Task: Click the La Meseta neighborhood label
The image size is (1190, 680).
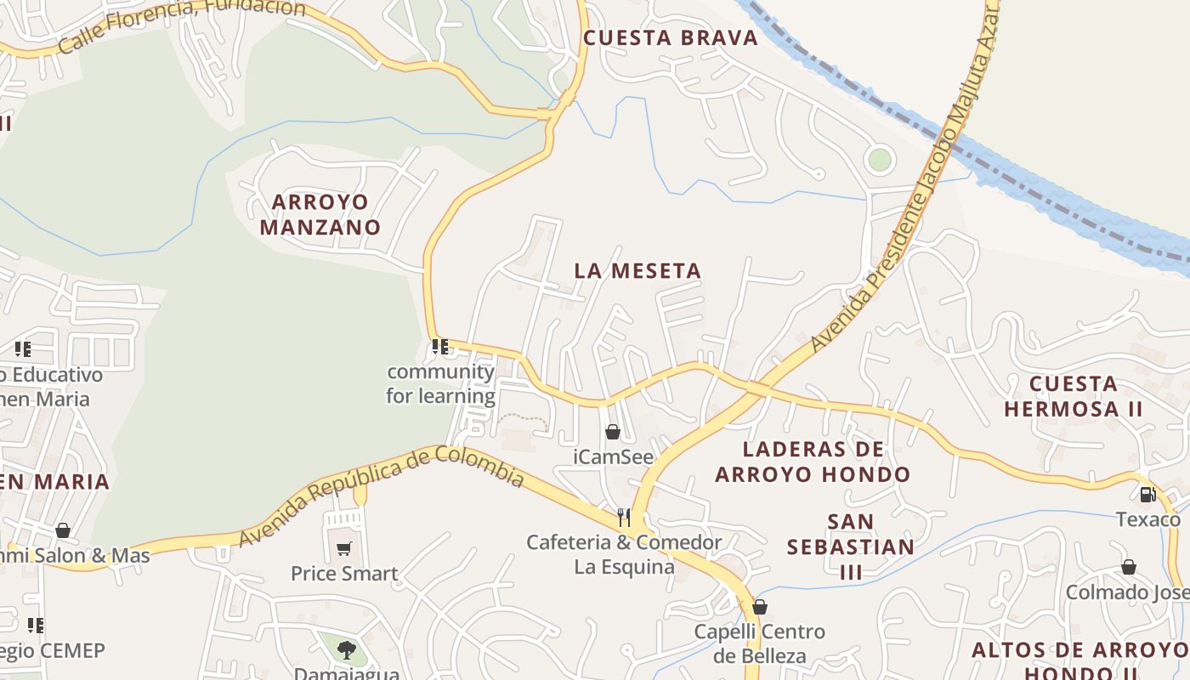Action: pos(637,271)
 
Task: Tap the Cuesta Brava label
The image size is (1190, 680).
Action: pos(670,38)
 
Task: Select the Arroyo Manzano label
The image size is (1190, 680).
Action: pos(320,215)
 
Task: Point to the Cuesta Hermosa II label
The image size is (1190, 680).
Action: pos(1074,396)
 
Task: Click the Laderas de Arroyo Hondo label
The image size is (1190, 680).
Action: pos(813,462)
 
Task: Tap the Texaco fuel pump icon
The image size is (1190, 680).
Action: pos(1147,494)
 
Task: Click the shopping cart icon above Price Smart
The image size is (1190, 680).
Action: pos(343,548)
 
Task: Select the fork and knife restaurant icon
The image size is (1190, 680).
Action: pos(624,517)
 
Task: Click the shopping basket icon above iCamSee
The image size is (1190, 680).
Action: pos(612,432)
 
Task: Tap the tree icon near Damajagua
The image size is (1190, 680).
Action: pos(346,650)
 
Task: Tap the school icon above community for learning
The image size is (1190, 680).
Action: pos(439,347)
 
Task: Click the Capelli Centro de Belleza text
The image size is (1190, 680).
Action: pos(759,643)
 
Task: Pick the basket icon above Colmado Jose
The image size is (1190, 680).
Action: pos(1129,567)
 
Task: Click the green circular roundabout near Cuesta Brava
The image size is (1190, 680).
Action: pos(880,159)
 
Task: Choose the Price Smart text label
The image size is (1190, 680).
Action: pos(344,574)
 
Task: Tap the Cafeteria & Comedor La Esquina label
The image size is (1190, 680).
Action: pos(624,554)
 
